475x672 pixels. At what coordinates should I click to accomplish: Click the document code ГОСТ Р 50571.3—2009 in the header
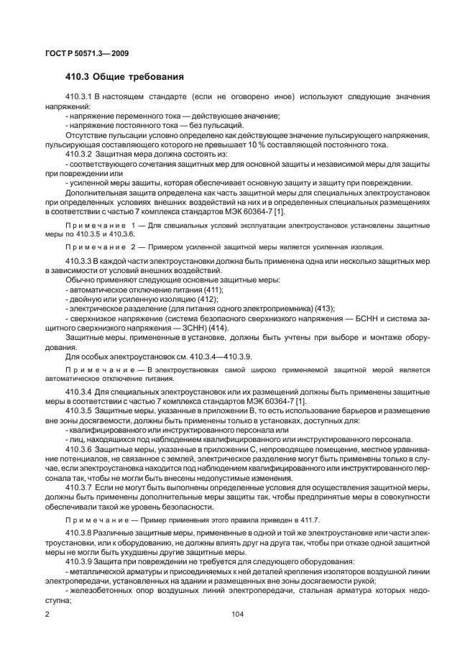point(86,52)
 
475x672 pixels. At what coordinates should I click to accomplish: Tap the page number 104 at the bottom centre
point(237,615)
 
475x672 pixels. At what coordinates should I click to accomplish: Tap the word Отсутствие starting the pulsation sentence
point(89,134)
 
